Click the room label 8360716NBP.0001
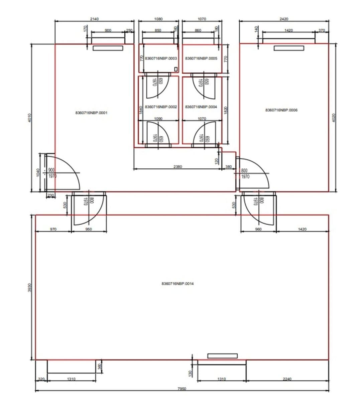pos(91,113)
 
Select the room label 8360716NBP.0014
pos(177,284)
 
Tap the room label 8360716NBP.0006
pos(281,110)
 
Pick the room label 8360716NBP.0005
pos(201,58)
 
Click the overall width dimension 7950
pos(182,389)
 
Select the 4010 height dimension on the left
pos(30,118)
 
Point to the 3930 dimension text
pos(30,287)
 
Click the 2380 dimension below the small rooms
pos(178,166)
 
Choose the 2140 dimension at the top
pos(94,19)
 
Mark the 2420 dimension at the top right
pos(284,19)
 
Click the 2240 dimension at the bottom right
pos(287,379)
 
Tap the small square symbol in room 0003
pos(176,69)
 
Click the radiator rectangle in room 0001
pos(108,48)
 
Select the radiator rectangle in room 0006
pos(289,48)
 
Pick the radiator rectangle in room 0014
pos(222,356)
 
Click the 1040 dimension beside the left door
pos(38,172)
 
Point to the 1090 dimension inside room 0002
pos(158,119)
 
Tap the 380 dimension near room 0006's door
pos(229,166)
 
